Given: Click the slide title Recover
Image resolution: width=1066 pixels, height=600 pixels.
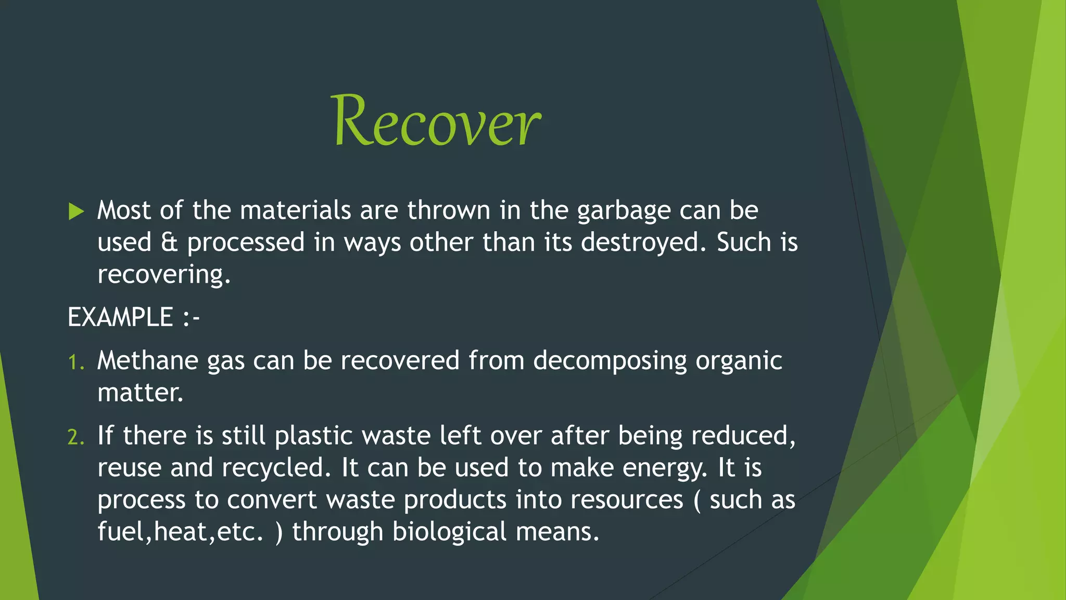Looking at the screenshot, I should point(436,121).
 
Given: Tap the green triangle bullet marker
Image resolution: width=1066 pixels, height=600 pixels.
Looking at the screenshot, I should point(76,211).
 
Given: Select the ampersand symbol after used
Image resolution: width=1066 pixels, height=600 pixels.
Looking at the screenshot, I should point(169,243).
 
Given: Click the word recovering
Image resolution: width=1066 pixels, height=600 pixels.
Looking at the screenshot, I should point(163,275).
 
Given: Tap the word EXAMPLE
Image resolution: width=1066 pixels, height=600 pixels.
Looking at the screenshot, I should point(120,317).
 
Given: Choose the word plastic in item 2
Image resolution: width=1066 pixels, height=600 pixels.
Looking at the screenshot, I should point(313,436).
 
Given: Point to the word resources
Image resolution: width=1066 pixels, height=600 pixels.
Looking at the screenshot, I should point(626,500).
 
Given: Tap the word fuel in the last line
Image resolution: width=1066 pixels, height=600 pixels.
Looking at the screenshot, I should point(121,531).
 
